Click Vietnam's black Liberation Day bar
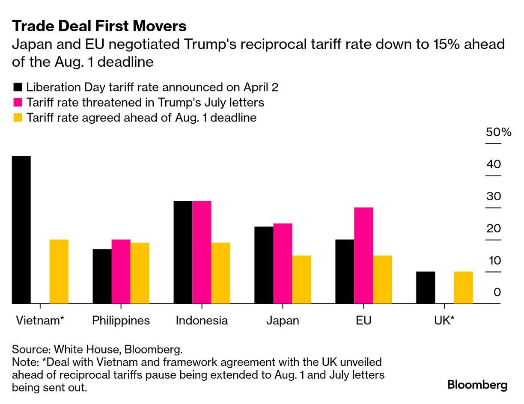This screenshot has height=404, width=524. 21,230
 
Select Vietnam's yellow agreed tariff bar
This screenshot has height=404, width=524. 59,271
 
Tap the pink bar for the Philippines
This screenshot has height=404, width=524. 121,271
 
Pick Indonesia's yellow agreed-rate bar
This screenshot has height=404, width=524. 220,273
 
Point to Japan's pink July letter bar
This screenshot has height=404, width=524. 283,263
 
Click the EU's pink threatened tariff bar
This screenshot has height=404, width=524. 363,255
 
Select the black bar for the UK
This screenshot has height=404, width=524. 426,288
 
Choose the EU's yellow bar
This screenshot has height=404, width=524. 382,279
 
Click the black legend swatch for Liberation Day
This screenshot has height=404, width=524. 18,88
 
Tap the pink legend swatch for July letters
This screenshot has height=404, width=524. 18,103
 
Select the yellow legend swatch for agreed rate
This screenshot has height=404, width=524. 18,118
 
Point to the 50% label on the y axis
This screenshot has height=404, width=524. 498,132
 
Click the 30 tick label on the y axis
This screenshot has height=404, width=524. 494,196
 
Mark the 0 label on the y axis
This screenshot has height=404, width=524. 497,292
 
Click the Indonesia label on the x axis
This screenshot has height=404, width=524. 202,321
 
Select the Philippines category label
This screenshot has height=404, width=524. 121,321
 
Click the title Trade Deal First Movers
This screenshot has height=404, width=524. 99,26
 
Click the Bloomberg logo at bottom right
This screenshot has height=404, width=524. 477,385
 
